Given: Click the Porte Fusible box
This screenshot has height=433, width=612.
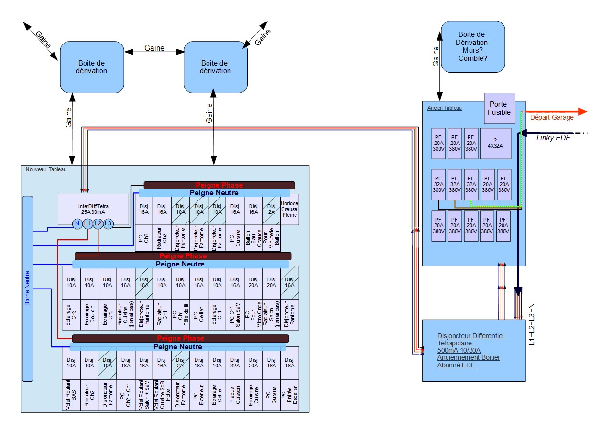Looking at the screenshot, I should pos(500,108).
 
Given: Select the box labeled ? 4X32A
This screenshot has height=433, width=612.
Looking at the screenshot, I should pos(495,143).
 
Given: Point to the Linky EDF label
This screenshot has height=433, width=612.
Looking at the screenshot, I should pos(553,138).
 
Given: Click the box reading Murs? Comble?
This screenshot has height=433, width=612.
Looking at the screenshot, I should pos(472,46).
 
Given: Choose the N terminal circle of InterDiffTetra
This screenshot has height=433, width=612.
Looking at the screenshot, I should pos(77,223).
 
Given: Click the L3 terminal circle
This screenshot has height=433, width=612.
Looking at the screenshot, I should pos(109,223).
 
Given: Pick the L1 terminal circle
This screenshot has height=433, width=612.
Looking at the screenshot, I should pos(87,223).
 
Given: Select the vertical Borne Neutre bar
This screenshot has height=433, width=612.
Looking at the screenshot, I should pos(27,289).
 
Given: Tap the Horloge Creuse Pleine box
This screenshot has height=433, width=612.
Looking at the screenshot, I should pos(289,209).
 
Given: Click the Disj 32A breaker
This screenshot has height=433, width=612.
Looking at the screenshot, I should pos(235,363).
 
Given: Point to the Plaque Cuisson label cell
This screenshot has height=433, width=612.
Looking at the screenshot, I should pos(235,395).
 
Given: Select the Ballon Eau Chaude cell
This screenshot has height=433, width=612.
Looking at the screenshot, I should pos(253,238).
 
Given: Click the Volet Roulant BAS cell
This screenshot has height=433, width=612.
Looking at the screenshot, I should pos(71,395).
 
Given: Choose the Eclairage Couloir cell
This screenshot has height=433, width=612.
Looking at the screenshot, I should pos(89,314).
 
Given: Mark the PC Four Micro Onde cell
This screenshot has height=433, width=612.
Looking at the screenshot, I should pos(253,314).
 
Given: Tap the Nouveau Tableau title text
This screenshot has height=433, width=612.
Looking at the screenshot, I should pos(46,169).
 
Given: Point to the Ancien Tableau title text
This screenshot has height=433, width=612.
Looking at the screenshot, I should pos(445,108).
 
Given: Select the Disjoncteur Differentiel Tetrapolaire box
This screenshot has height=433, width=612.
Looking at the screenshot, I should pos(474,350).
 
